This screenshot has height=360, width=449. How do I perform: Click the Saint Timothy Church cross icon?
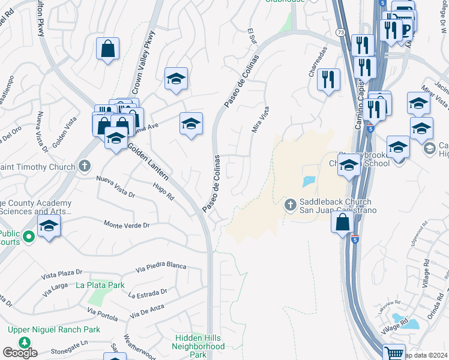85,165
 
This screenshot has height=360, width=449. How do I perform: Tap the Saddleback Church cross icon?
290,205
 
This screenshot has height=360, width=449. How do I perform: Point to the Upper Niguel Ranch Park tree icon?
25,343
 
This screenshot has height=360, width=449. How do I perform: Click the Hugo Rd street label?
163,193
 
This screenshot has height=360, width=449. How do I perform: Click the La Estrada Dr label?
148,294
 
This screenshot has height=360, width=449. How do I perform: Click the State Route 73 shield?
340,31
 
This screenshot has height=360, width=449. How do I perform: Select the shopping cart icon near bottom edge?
394,353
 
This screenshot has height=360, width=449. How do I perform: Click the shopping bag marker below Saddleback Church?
342,223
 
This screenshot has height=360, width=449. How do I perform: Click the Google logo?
20,353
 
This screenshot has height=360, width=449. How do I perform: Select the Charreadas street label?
317,66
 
